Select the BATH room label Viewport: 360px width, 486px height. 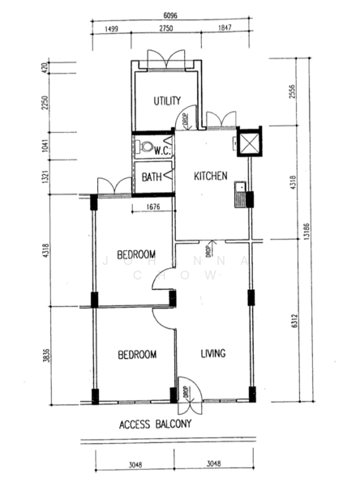coord(152,177)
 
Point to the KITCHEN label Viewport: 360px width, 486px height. coord(209,177)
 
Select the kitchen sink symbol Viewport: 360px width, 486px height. coord(240,195)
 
